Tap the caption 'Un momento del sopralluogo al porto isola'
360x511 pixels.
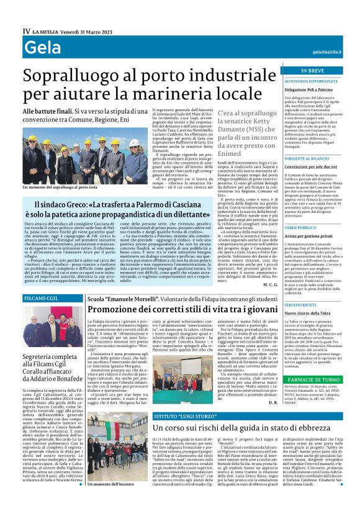[59, 186]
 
